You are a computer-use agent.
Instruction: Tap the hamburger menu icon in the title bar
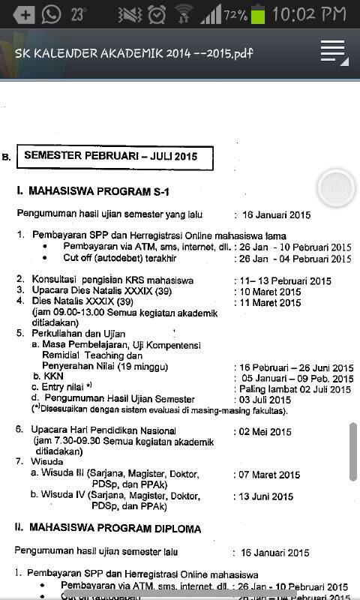(x=333, y=52)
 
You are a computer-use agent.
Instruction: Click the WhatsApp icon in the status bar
(x=52, y=13)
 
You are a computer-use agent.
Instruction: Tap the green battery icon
(x=258, y=14)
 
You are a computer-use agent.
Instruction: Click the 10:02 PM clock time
(x=313, y=14)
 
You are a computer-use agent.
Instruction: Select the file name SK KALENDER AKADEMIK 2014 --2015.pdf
(x=134, y=53)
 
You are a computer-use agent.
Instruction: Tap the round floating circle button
(x=335, y=187)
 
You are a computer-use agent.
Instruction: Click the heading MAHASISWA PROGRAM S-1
(x=96, y=192)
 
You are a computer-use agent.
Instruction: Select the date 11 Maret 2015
(x=270, y=303)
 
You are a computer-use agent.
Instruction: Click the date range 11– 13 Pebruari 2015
(x=285, y=281)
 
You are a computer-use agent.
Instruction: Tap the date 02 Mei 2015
(x=265, y=432)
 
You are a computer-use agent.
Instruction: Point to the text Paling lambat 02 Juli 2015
(x=295, y=389)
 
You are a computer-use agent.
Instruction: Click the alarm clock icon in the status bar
(x=157, y=14)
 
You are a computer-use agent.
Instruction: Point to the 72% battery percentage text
(x=235, y=15)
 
